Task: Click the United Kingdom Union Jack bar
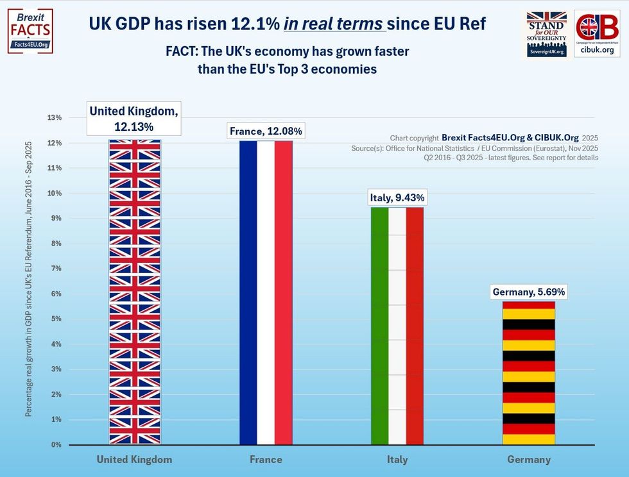135,292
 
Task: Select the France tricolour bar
266,292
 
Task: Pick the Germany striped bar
528,372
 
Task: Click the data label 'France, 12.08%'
266,132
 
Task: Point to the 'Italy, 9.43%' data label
397,198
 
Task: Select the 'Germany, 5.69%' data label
529,292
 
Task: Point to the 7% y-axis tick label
55,269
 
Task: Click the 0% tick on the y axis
55,445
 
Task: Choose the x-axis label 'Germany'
529,460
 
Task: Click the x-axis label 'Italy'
397,460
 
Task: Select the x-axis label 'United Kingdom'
134,460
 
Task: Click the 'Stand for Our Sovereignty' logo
546,33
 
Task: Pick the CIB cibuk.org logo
597,33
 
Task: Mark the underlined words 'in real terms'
334,24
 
